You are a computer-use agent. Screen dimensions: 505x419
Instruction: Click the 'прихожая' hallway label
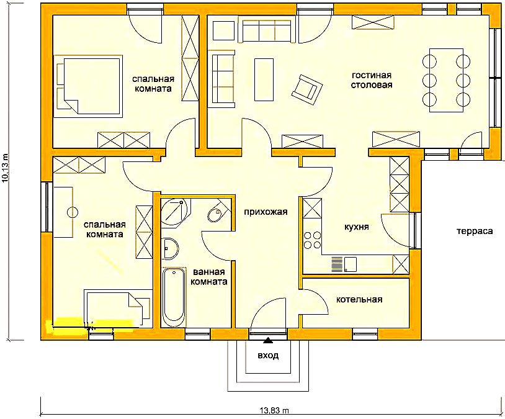pos(266,212)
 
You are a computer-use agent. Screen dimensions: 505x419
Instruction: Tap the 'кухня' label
pos(357,227)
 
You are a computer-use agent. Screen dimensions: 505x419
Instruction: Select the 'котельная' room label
pos(359,299)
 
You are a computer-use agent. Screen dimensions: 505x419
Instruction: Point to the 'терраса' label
pos(475,231)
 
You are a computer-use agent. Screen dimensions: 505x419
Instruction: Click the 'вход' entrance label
pos(268,356)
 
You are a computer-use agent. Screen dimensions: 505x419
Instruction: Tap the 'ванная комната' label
pos(209,277)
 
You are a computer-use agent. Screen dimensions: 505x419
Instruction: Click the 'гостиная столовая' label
pos(372,80)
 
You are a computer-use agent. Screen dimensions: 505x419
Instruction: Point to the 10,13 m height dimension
pos(5,168)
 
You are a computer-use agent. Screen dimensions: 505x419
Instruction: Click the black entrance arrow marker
pos(267,340)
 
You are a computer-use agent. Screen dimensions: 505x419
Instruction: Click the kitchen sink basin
pos(350,264)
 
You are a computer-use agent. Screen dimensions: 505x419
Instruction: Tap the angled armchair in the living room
pos(307,89)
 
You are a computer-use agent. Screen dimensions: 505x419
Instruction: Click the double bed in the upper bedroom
pos(89,86)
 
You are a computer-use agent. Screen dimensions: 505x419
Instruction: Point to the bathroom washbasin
pos(170,248)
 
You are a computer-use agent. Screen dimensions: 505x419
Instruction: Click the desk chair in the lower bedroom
pos(73,212)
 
